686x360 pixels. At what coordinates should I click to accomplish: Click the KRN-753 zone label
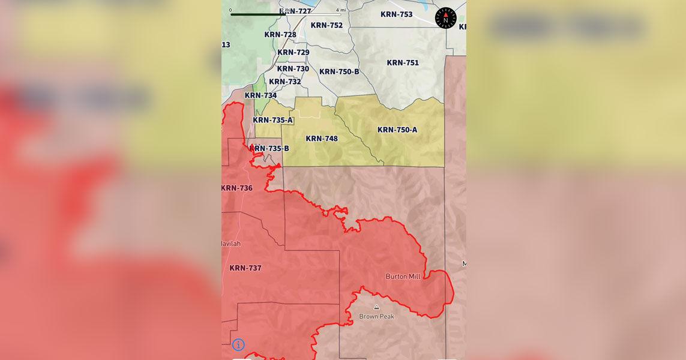pos(397,14)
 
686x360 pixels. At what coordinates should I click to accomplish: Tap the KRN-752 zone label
pos(326,25)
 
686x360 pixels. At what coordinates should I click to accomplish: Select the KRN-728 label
pos(280,35)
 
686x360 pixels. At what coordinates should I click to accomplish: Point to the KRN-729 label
pos(293,52)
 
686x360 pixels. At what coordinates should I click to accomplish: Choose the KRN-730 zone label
pos(293,69)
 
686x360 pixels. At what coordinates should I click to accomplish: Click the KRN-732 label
pos(285,82)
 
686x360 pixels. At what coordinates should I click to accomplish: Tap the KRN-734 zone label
pos(261,95)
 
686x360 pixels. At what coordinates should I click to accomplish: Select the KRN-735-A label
pos(273,120)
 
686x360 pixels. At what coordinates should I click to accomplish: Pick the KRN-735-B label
pos(269,148)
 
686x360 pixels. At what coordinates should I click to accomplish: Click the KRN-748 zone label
pos(322,139)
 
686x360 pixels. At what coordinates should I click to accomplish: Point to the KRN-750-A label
pos(397,130)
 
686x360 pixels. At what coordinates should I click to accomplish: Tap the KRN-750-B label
pos(339,72)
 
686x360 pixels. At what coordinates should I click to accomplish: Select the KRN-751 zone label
pos(403,63)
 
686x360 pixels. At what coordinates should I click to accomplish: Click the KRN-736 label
pos(237,188)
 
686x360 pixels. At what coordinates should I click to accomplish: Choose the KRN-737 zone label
pos(245,268)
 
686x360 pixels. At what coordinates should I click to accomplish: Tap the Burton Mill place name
pos(403,277)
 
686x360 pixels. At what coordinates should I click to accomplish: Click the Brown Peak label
pos(376,316)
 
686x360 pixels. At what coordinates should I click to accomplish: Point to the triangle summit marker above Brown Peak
pos(376,307)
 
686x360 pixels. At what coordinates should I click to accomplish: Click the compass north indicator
pos(445,18)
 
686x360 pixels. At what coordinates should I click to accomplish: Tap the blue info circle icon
pos(238,344)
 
